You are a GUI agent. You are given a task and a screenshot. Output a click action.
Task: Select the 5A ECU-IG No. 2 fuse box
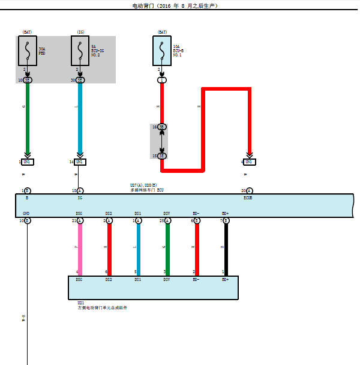click(x=80, y=50)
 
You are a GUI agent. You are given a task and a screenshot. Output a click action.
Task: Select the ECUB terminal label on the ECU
click(x=248, y=198)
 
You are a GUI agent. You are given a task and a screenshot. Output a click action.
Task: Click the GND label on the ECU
click(x=26, y=214)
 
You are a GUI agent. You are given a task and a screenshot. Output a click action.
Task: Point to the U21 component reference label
click(x=81, y=303)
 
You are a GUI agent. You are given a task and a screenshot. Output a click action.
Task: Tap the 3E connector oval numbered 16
click(x=162, y=127)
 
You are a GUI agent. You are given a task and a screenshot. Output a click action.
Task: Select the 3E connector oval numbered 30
click(x=80, y=80)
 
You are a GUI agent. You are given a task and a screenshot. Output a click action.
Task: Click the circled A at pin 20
click(x=250, y=191)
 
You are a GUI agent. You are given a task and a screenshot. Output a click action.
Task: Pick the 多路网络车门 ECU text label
click(x=147, y=190)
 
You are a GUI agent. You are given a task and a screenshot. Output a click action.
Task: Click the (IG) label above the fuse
click(x=80, y=31)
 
